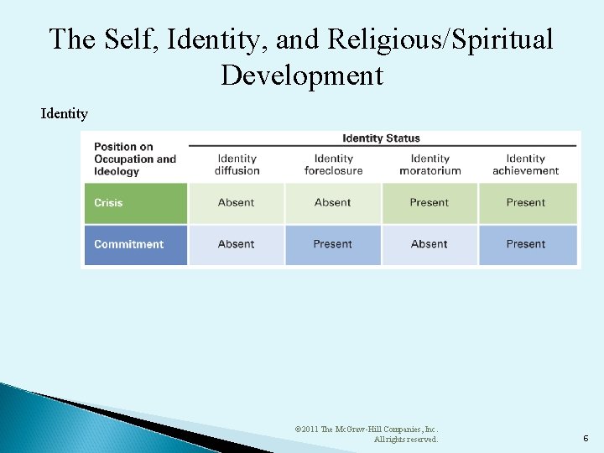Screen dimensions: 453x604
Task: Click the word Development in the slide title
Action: [302, 75]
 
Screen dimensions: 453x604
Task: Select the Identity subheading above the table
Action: [64, 113]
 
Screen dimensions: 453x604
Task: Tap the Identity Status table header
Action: [381, 138]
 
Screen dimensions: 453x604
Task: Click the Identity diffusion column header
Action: [237, 164]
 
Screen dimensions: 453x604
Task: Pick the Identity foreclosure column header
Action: [333, 164]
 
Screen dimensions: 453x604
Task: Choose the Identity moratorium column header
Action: [430, 164]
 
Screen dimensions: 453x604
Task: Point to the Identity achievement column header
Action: [526, 164]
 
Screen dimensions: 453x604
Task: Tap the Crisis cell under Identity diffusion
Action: [237, 203]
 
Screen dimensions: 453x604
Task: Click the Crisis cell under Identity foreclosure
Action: [333, 203]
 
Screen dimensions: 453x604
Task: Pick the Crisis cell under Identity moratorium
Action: [430, 203]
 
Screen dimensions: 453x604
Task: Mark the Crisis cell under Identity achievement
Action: [527, 203]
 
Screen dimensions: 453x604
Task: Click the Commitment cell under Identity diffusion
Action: [237, 245]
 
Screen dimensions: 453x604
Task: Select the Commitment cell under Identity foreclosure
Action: [333, 245]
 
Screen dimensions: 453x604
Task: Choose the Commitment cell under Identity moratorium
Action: [430, 245]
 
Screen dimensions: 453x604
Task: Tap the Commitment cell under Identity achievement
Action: [527, 245]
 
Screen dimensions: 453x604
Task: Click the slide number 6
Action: [585, 438]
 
